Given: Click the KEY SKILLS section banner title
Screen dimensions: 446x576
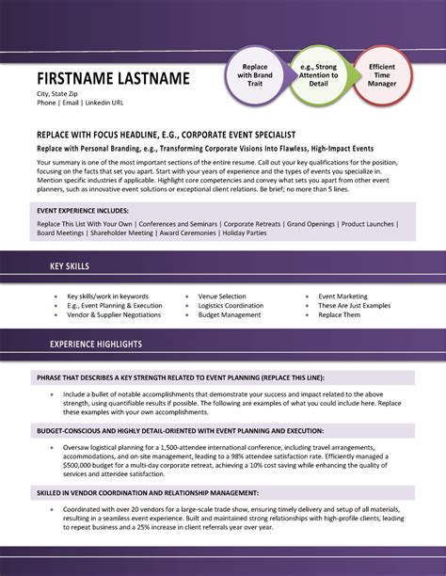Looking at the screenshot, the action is tap(70, 266).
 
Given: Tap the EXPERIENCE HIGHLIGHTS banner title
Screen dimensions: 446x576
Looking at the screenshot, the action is tap(95, 344).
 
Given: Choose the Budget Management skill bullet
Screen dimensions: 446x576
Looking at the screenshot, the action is tap(229, 315).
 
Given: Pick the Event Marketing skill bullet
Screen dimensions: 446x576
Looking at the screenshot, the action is tap(342, 296).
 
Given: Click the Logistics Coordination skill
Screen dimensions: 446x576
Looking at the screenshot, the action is tap(231, 306).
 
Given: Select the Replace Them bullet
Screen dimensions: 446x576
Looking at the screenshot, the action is tap(339, 315).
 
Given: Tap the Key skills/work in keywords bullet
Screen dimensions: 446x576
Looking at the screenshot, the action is tap(108, 296).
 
